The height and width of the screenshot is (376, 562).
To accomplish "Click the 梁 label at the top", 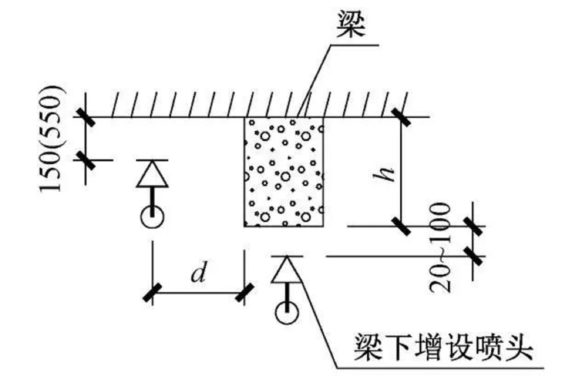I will click(351, 24).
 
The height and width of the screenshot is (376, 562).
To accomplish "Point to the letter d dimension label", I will click(199, 272).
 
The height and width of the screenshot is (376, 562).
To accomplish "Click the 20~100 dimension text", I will click(440, 248).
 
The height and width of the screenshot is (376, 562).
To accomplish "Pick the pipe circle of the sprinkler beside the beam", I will click(152, 217).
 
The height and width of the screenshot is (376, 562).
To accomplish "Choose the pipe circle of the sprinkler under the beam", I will click(287, 314).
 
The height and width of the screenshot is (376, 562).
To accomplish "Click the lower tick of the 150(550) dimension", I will click(86, 160).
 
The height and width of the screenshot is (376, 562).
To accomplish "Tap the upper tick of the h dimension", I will click(401, 117).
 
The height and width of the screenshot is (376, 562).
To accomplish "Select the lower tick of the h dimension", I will click(401, 226).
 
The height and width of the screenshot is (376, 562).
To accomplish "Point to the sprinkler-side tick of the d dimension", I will click(152, 293).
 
